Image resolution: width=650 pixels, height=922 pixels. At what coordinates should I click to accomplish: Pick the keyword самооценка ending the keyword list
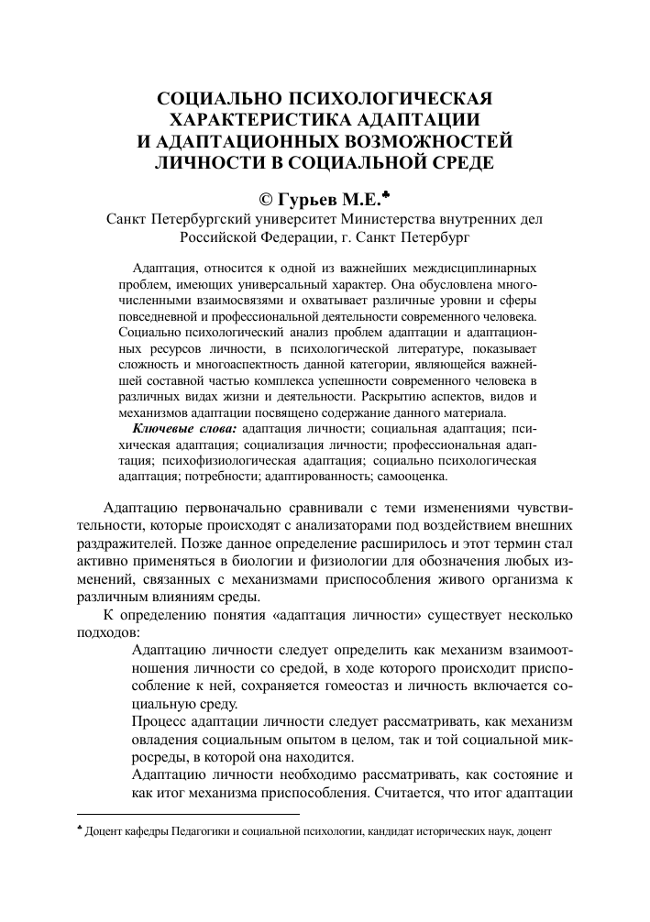click(x=414, y=477)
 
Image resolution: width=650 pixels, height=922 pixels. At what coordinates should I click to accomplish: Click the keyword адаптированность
click(x=321, y=477)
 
